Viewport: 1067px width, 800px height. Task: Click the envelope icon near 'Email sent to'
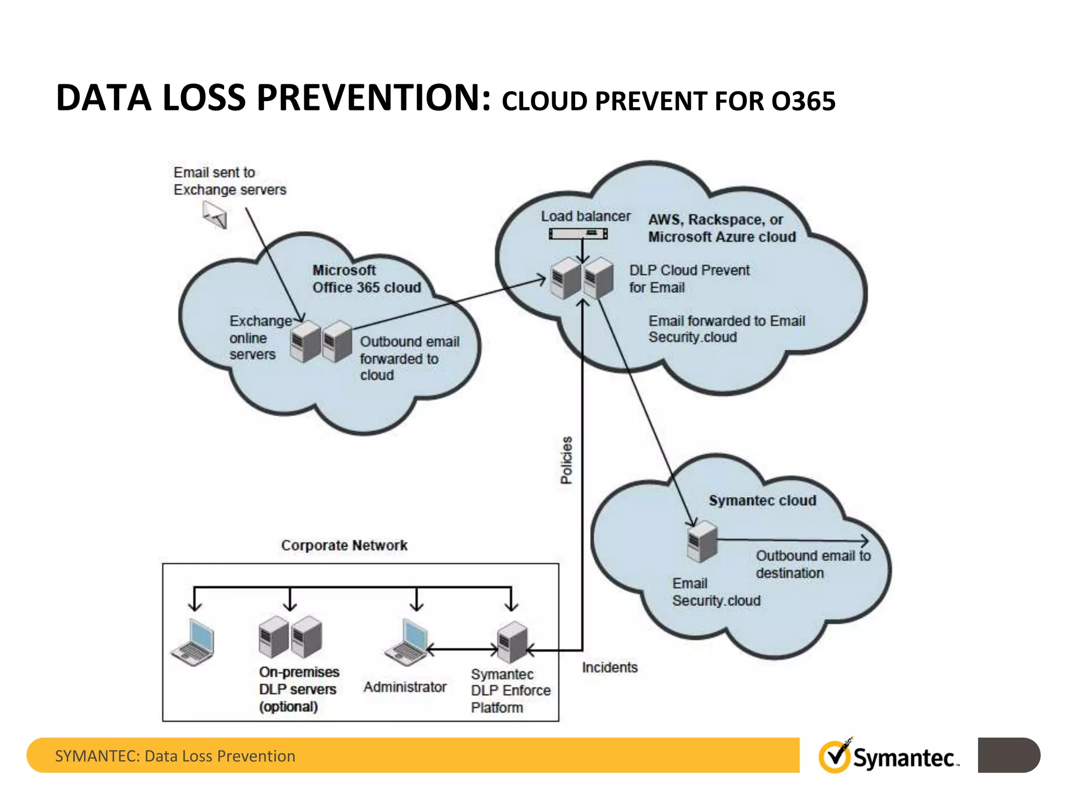pos(215,214)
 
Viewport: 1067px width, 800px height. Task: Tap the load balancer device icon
pos(578,234)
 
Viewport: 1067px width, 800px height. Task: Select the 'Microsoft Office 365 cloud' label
pos(366,279)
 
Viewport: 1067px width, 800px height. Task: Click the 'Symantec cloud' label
pos(762,501)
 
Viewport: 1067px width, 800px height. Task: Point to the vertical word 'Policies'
pos(566,460)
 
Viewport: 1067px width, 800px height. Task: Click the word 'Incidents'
pos(610,667)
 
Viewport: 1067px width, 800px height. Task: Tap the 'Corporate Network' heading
pos(344,545)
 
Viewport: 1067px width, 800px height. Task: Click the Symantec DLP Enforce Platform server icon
pos(513,642)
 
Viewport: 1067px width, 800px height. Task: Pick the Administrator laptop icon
pos(407,642)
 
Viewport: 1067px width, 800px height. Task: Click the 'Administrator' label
pos(405,687)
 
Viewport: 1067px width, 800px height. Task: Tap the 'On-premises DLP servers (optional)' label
pos(299,689)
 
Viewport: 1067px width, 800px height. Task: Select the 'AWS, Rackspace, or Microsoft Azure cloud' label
pos(722,228)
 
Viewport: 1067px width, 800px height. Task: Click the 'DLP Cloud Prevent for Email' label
pos(689,279)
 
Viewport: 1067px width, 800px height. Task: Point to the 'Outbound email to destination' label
pos(813,564)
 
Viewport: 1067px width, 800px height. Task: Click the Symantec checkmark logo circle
pos(835,757)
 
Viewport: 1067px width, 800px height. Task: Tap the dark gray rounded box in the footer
pos(1009,755)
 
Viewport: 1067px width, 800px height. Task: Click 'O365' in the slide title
pos(803,101)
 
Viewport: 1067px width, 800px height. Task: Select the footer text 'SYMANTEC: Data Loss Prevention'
pos(175,756)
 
